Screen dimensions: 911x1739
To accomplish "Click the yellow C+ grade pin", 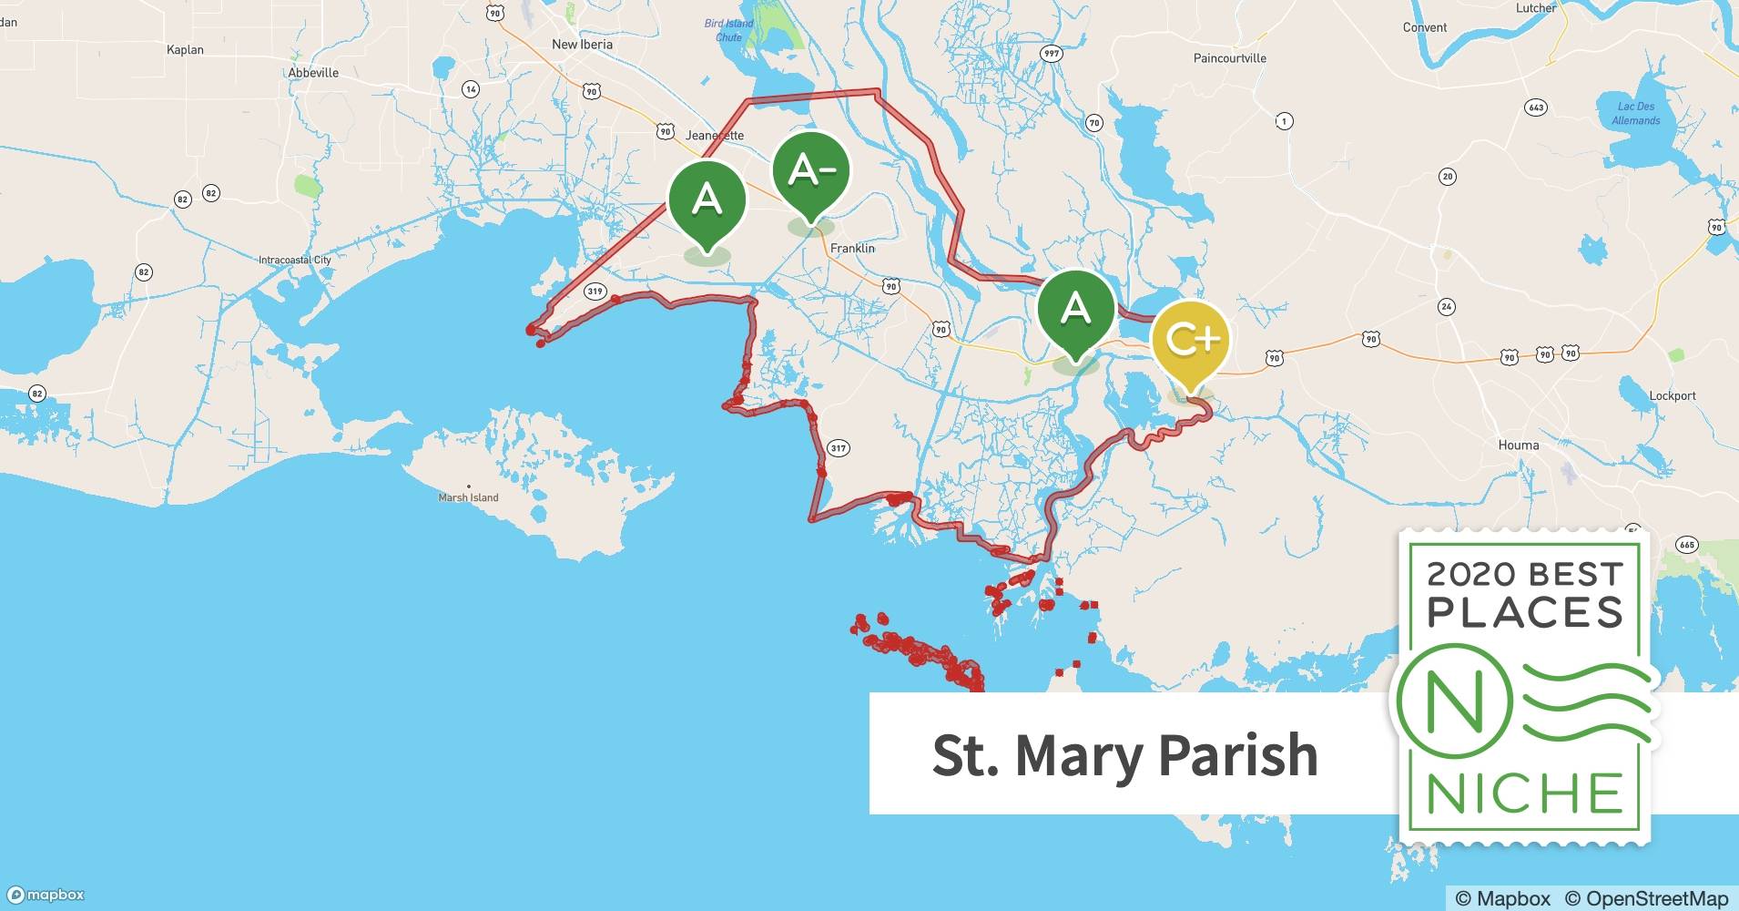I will [x=1190, y=341].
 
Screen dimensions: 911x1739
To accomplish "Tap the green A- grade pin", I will [x=810, y=171].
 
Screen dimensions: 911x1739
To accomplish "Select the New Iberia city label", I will [x=582, y=44].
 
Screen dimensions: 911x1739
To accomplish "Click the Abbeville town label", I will [x=313, y=73].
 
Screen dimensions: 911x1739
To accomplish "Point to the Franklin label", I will [x=852, y=248].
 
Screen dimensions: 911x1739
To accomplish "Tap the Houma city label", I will [x=1519, y=445].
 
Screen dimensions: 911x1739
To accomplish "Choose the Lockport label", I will [x=1673, y=395].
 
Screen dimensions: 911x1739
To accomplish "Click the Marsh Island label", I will [x=468, y=497].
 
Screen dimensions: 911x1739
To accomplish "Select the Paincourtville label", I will [x=1229, y=57].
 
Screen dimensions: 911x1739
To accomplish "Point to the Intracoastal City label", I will [x=295, y=260].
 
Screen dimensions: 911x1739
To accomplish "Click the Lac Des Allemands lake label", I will [x=1636, y=113].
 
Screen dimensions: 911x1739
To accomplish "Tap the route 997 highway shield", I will [x=1052, y=54].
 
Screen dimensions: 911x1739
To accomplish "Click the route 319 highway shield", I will [x=595, y=292].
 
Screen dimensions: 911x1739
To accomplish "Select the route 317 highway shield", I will [x=839, y=447].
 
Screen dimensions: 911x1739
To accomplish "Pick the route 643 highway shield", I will [x=1536, y=107].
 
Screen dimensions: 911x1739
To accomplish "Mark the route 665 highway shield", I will [x=1686, y=545].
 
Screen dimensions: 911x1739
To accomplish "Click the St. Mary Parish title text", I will [x=1124, y=754].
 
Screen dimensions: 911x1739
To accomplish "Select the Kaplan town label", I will [x=185, y=49].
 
